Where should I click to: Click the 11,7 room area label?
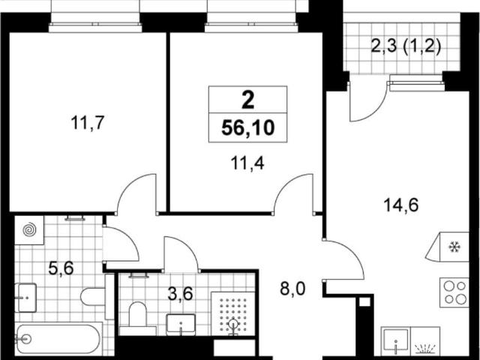click(88, 123)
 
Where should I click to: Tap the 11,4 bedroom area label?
click(247, 163)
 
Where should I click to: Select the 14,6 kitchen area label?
click(400, 205)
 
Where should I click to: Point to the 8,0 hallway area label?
click(292, 289)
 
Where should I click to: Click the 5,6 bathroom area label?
click(61, 268)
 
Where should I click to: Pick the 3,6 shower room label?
click(180, 294)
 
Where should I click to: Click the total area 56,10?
click(247, 127)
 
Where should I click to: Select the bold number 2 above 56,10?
click(247, 100)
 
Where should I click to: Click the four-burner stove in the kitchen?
click(454, 292)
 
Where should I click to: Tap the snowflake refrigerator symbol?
click(454, 247)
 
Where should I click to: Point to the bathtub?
click(58, 339)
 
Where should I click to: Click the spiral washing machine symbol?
click(30, 230)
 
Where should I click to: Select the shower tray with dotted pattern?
click(232, 313)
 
